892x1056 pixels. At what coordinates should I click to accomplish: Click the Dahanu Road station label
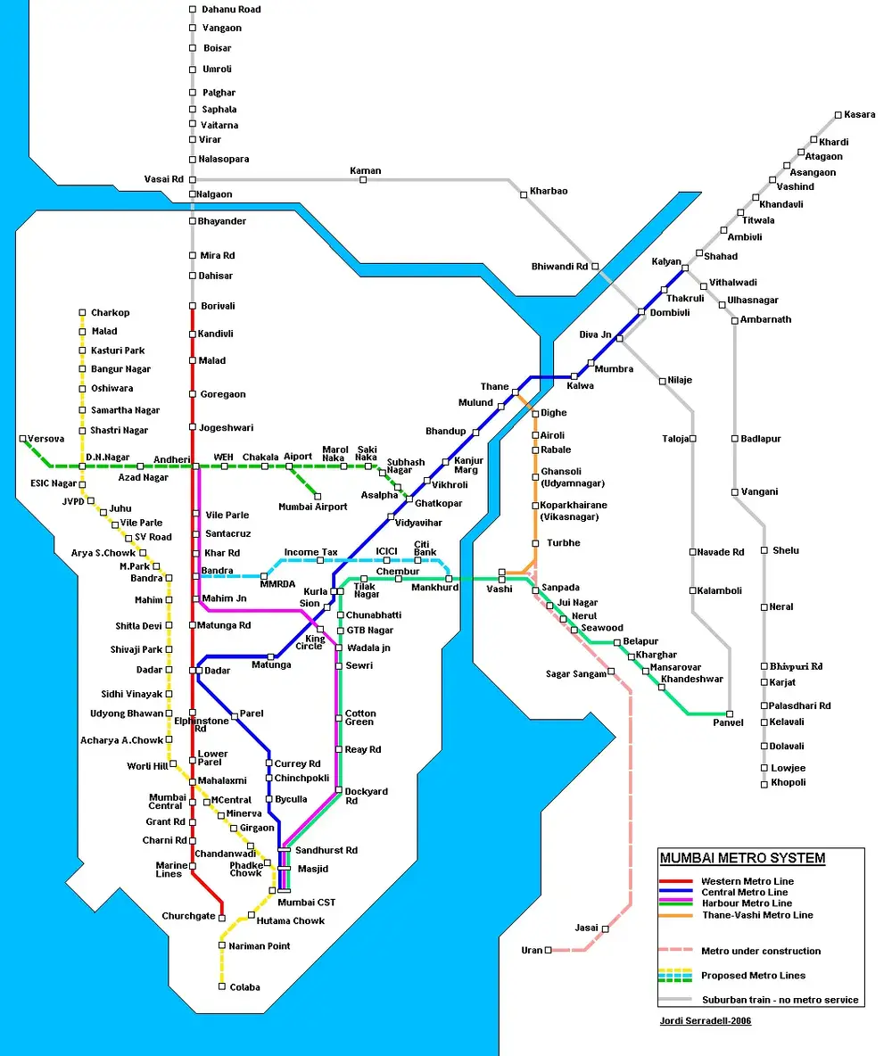click(231, 10)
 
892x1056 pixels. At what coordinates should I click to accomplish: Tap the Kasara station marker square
click(838, 115)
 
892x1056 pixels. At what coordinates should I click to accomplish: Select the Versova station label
click(45, 439)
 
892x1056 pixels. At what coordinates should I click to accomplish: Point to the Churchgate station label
click(188, 916)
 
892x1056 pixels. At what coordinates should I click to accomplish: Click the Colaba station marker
click(221, 986)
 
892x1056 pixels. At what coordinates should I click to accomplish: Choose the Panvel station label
click(727, 722)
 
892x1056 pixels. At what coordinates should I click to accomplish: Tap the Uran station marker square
click(548, 950)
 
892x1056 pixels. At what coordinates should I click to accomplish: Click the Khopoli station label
click(788, 783)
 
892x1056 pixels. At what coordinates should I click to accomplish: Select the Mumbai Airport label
click(313, 507)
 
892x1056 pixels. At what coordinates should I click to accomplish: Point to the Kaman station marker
click(363, 180)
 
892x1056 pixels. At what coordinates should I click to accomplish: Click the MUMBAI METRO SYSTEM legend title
click(742, 859)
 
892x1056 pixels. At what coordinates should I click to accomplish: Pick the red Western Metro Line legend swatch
click(676, 882)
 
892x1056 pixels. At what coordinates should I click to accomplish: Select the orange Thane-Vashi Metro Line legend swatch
click(676, 915)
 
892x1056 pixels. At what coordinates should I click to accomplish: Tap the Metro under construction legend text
click(761, 951)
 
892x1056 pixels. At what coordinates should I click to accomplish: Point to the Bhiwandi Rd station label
click(559, 267)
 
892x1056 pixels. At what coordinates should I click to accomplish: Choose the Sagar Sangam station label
click(575, 674)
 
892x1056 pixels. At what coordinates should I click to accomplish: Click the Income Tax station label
click(310, 552)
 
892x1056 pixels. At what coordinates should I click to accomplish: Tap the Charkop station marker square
click(82, 313)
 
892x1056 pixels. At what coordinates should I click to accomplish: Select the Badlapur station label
click(761, 439)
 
